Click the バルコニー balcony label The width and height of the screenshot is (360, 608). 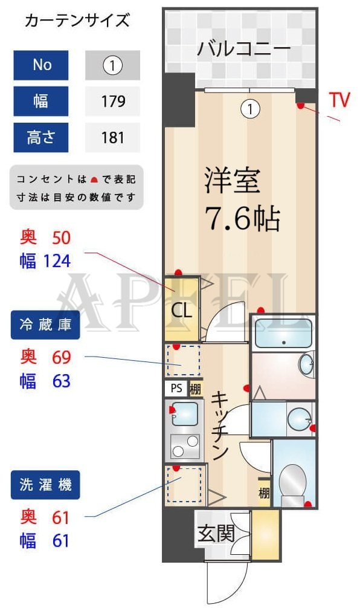243,48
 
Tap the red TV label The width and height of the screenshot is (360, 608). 339,100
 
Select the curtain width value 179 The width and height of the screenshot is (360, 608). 113,101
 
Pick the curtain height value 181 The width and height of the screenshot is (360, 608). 113,137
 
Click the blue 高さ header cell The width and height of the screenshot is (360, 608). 41,137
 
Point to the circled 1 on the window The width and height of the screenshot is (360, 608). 250,109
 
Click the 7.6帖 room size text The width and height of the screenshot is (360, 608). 243,219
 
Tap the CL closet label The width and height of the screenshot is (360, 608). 181,311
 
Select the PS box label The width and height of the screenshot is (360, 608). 176,389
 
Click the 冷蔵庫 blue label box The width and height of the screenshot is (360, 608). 45,326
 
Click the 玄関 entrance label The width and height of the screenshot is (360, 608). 216,534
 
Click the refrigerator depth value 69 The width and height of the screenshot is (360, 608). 62,357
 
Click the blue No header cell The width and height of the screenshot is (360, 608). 41,65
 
